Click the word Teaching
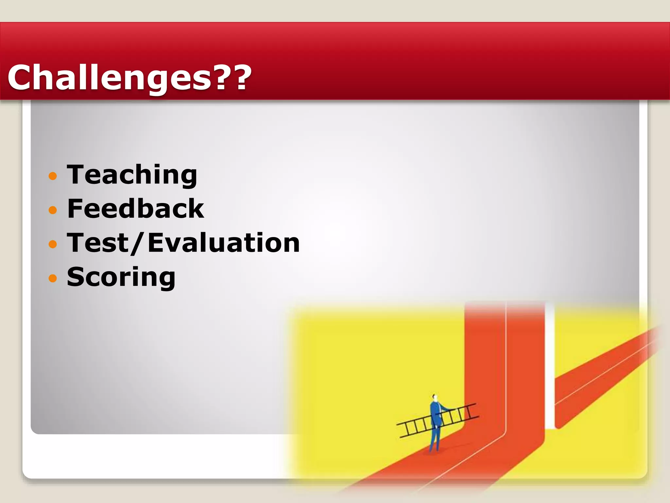pyautogui.click(x=132, y=175)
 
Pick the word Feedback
pyautogui.click(x=135, y=209)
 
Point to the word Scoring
pyautogui.click(x=121, y=277)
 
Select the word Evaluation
pyautogui.click(x=224, y=243)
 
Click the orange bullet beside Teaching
pyautogui.click(x=53, y=177)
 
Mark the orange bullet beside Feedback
pyautogui.click(x=53, y=210)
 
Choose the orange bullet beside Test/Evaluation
pyautogui.click(x=53, y=244)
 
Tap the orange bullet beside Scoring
pyautogui.click(x=53, y=278)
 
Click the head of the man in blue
pyautogui.click(x=434, y=398)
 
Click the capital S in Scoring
pyautogui.click(x=75, y=277)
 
